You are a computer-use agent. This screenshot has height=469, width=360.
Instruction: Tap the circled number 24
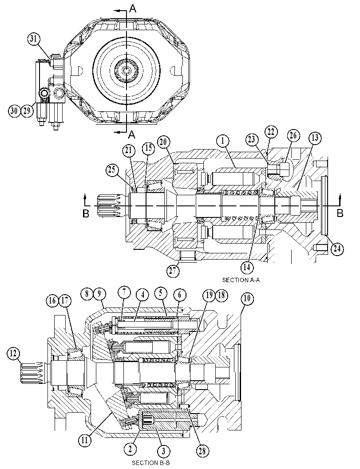tap(337, 249)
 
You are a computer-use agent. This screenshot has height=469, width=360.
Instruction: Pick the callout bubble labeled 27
tap(173, 271)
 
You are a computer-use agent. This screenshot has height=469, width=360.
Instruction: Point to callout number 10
tap(248, 299)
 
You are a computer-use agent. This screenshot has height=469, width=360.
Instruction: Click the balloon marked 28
tap(202, 451)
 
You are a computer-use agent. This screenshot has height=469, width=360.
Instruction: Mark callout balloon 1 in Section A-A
tap(223, 141)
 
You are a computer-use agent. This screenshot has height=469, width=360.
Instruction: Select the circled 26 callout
tap(293, 136)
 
